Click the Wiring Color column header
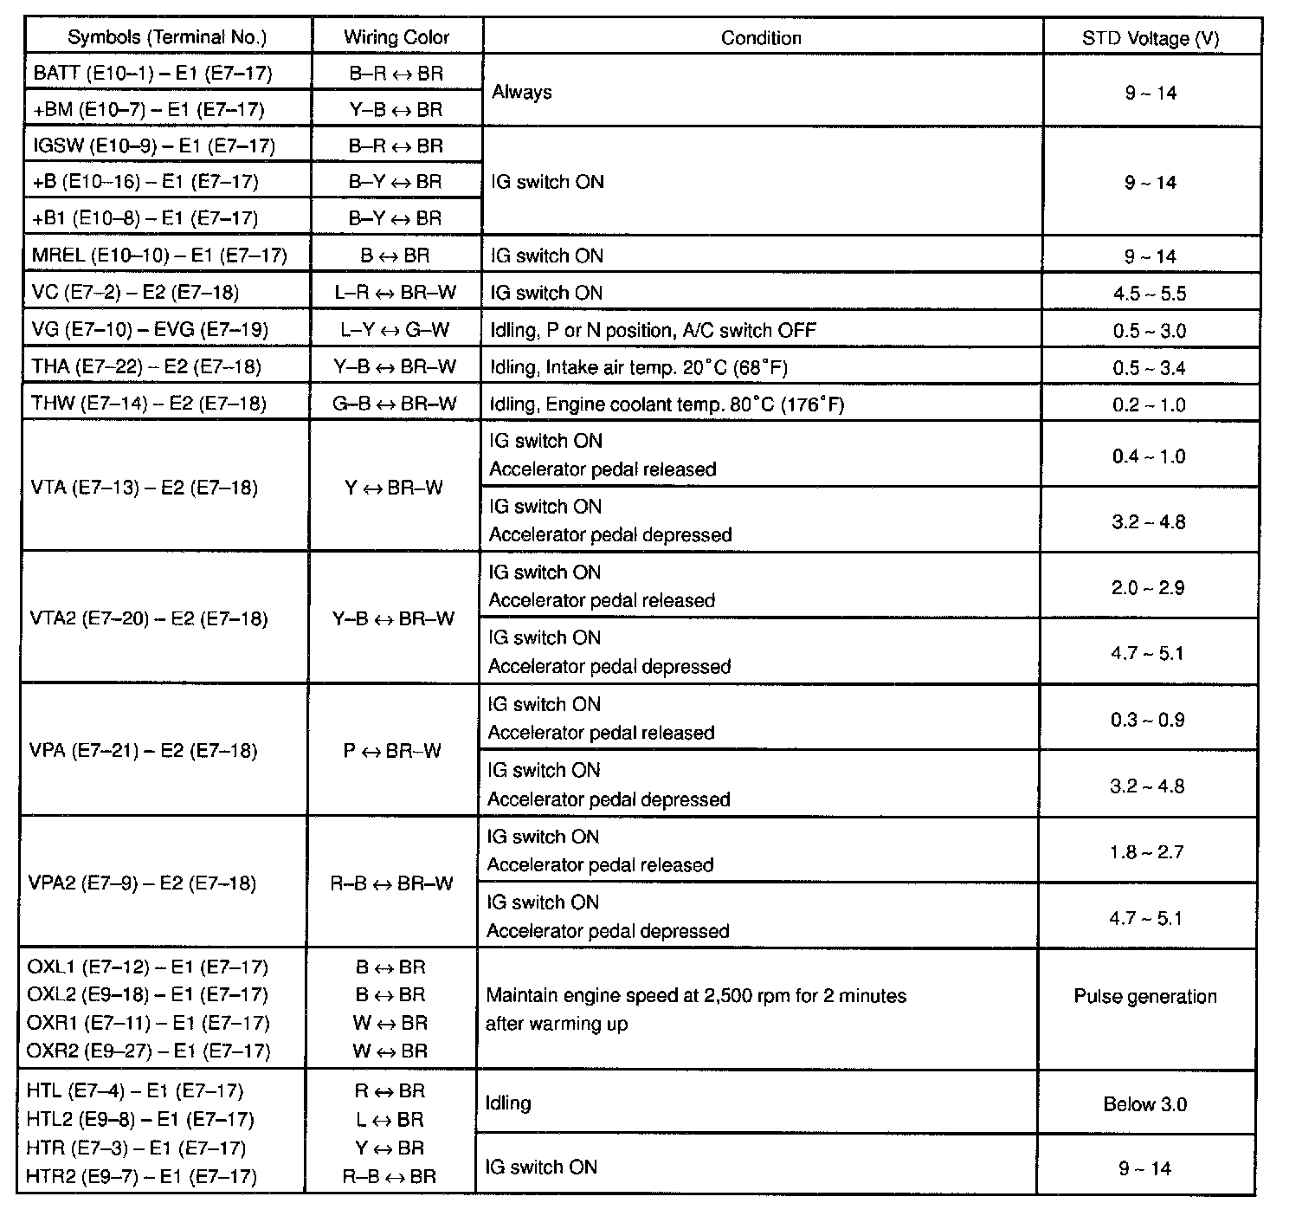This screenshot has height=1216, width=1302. [396, 37]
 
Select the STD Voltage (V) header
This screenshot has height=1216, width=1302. [1151, 38]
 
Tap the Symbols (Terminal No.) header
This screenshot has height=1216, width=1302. [167, 37]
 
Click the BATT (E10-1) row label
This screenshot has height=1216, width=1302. [152, 73]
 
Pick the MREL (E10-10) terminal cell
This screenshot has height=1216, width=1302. [159, 256]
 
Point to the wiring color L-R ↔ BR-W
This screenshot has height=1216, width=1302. [396, 293]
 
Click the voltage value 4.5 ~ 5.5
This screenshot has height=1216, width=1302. [1150, 294]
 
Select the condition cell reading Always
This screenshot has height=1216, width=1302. [522, 92]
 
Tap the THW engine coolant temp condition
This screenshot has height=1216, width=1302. [667, 404]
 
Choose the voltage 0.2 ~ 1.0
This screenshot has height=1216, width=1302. [1150, 404]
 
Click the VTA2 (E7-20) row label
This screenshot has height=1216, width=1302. [149, 618]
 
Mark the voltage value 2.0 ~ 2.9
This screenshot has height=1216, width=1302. [1148, 588]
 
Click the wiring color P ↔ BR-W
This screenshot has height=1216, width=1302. [392, 751]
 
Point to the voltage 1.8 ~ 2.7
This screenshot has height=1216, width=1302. [1147, 852]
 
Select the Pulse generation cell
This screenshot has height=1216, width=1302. [1145, 996]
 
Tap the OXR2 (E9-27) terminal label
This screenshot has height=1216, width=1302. [148, 1051]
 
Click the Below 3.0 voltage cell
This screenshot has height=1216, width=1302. [1144, 1104]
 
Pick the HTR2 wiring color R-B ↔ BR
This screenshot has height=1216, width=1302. [390, 1176]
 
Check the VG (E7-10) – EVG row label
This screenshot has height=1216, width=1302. [150, 330]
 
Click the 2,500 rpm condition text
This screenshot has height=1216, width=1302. [696, 996]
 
